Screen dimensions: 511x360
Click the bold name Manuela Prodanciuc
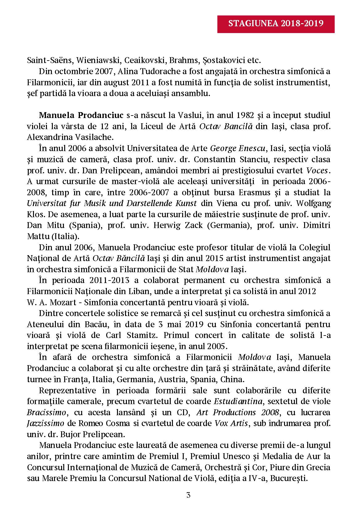click(82, 116)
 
